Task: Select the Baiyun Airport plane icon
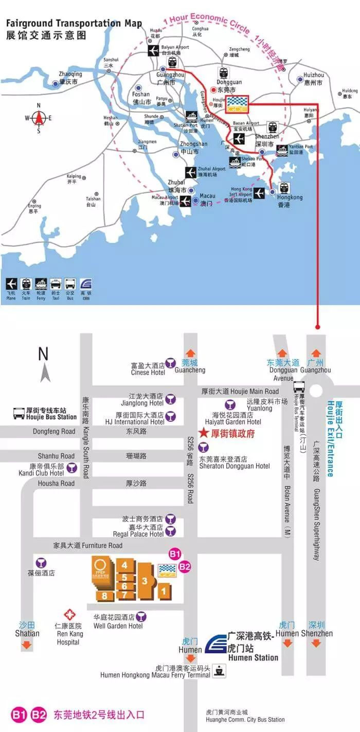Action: click(x=153, y=50)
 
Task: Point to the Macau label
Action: click(x=207, y=199)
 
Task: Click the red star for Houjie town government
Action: click(x=202, y=434)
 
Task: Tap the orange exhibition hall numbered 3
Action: click(x=145, y=581)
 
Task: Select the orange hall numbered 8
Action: click(x=104, y=596)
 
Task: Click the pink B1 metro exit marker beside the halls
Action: click(x=175, y=554)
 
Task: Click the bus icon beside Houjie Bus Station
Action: click(x=19, y=413)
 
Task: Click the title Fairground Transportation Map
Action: click(x=70, y=24)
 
